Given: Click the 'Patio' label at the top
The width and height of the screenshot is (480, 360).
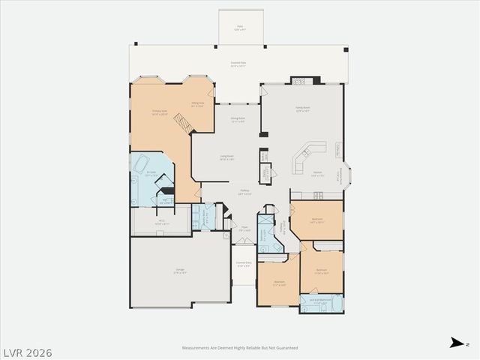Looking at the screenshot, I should point(240,27).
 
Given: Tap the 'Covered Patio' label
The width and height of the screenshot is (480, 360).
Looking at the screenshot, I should point(240,64).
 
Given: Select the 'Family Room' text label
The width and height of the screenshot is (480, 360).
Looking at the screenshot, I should point(302,109).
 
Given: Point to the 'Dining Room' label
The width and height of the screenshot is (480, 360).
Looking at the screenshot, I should point(238,119).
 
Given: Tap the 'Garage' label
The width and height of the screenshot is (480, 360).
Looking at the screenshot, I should point(180,271).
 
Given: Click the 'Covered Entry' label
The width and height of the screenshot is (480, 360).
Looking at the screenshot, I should point(244,264).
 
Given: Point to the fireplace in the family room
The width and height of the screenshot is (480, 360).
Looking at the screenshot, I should point(301,79).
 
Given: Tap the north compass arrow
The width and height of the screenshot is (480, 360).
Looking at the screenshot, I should point(455,343).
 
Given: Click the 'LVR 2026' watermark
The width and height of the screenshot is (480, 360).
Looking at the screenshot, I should point(28,352).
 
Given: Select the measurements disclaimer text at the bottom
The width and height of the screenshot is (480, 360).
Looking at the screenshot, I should point(240,348).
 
